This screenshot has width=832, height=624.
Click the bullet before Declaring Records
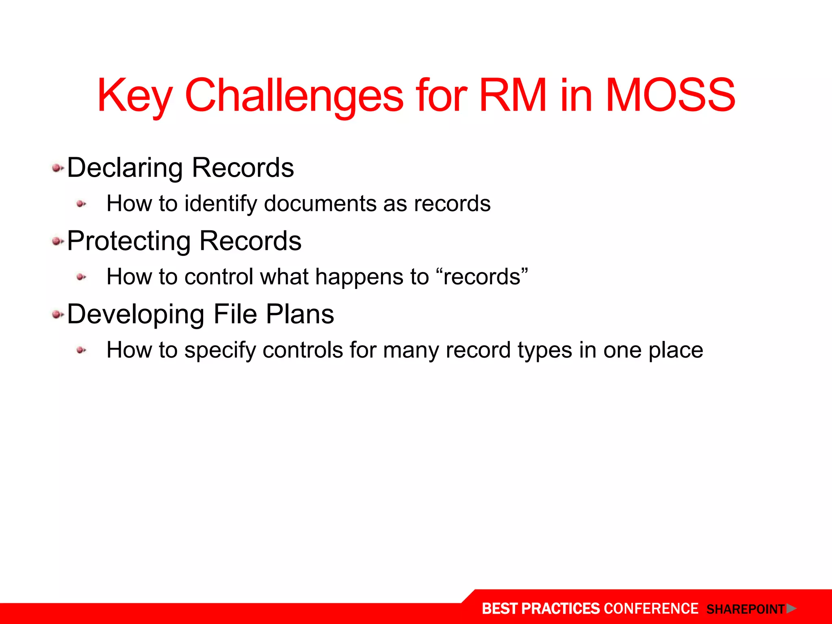click(57, 168)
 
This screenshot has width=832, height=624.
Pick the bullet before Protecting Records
click(57, 242)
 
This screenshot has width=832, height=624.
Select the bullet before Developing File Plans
click(57, 314)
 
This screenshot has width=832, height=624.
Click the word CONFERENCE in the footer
click(651, 609)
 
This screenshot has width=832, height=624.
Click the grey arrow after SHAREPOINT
click(791, 609)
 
